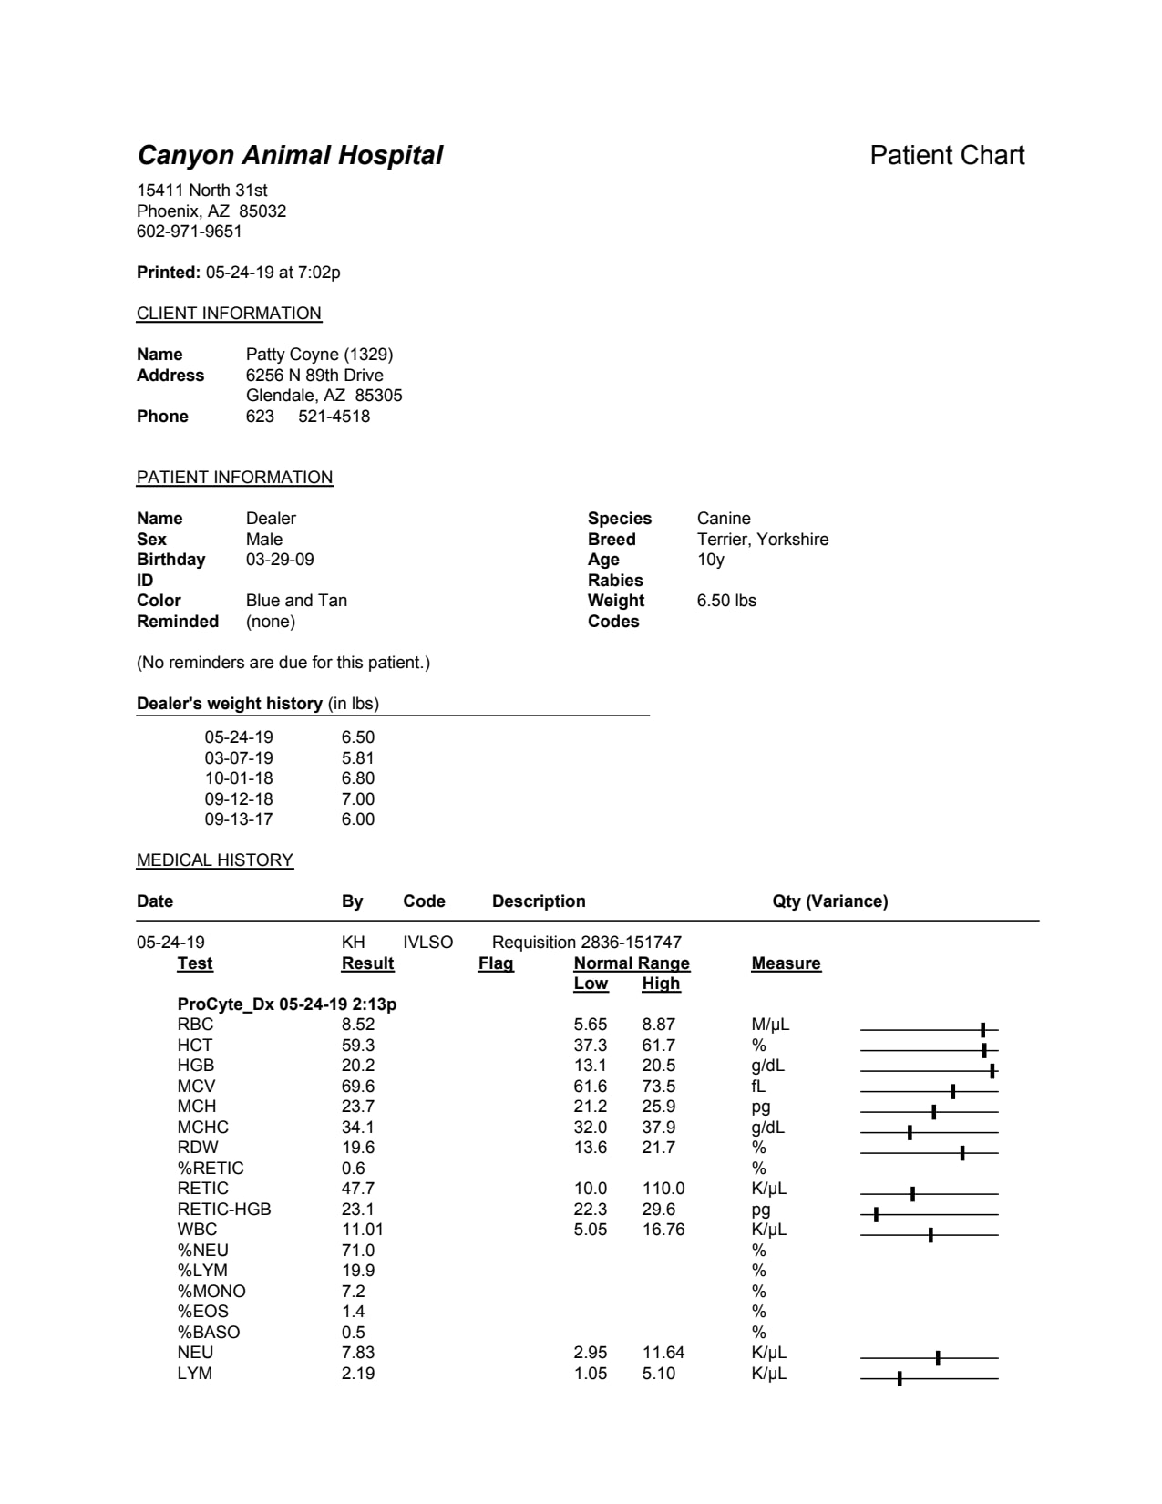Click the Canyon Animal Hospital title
290,155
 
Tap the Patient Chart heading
947,155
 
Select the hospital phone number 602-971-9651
190,232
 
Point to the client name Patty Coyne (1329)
319,354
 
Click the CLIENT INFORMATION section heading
229,314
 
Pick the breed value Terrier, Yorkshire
763,539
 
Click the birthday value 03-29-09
280,560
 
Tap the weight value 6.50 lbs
726,601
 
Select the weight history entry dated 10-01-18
239,778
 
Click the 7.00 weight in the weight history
358,799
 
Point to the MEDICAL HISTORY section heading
215,860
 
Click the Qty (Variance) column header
829,901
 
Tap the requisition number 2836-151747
631,943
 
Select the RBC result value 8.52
358,1025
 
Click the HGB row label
196,1066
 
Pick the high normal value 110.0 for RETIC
663,1189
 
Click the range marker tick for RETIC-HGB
876,1214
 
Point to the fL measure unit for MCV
758,1087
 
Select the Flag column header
496,963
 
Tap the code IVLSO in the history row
427,943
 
